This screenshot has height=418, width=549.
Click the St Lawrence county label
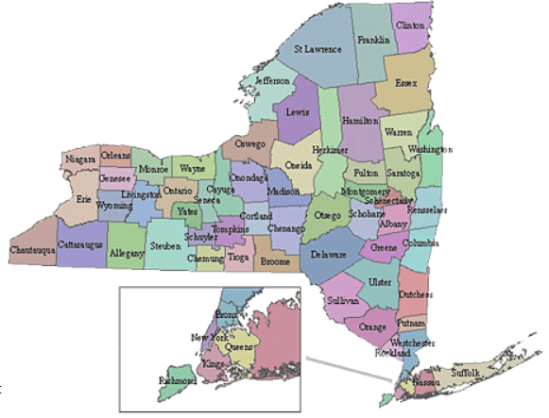pyautogui.click(x=317, y=48)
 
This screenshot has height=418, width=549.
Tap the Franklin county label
pyautogui.click(x=374, y=41)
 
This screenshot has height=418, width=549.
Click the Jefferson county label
pyautogui.click(x=273, y=81)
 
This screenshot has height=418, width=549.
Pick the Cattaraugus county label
pyautogui.click(x=80, y=244)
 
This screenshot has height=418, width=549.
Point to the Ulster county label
pyautogui.click(x=379, y=281)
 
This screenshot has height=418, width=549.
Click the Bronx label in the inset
pyautogui.click(x=228, y=313)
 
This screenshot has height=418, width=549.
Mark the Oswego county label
pyautogui.click(x=250, y=144)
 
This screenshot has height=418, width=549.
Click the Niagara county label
pyautogui.click(x=82, y=160)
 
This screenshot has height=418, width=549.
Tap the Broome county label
pyautogui.click(x=275, y=259)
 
